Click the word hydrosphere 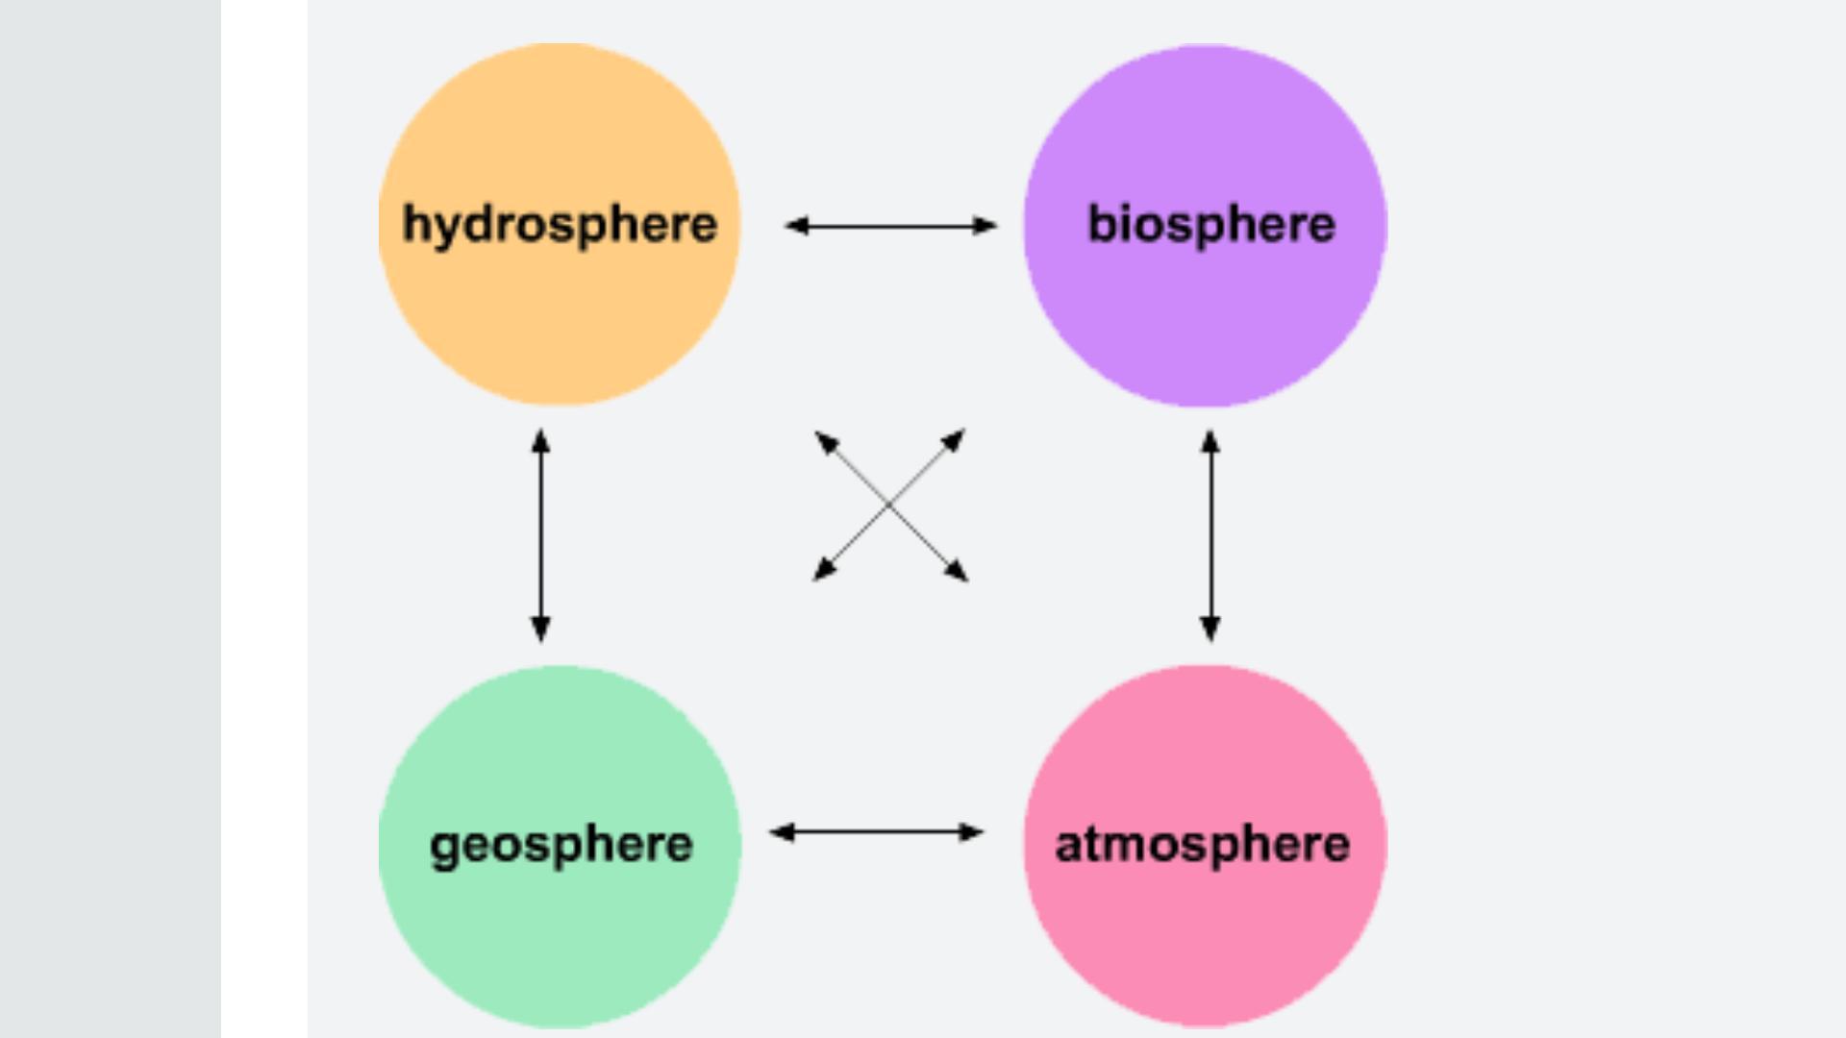(560, 225)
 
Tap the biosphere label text (1210, 225)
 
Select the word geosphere (561, 845)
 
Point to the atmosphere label (1202, 845)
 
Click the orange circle (560, 317)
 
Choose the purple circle (1205, 317)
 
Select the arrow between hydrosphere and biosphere (890, 226)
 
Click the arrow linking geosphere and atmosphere (876, 832)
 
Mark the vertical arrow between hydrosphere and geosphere (540, 535)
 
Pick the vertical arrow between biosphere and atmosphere (1210, 535)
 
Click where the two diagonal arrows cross (889, 505)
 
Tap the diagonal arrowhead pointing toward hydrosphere (826, 442)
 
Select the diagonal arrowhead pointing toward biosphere (954, 440)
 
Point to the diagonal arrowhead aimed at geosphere (824, 570)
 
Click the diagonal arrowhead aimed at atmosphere (957, 571)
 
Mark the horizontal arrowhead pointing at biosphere (986, 226)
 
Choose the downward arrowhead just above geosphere (540, 630)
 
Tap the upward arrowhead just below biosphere (1210, 442)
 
